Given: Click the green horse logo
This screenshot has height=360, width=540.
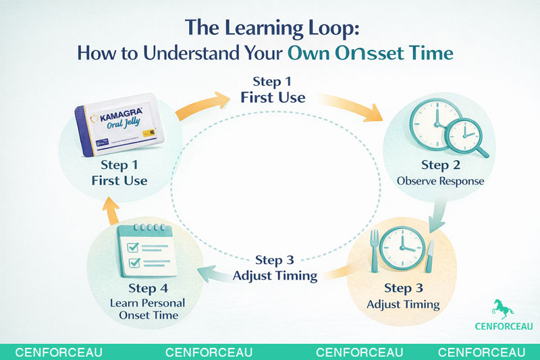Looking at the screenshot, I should (x=503, y=309).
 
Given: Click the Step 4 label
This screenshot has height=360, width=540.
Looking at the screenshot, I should (x=147, y=288).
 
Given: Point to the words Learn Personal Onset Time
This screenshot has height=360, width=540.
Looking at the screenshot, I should (x=147, y=309).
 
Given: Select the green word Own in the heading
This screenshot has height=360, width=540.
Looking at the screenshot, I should (x=308, y=53).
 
